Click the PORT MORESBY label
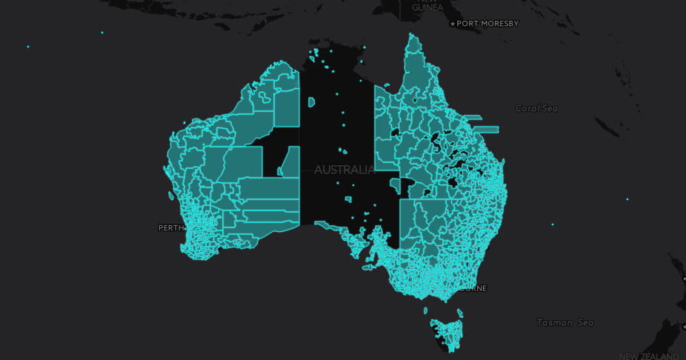487,24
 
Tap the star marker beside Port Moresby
453,24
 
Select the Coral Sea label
536,108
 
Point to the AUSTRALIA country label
344,170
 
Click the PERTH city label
171,227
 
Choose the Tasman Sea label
565,322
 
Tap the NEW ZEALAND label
648,356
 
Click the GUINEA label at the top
427,7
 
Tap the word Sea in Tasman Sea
585,322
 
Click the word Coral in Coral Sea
528,108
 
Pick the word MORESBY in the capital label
501,24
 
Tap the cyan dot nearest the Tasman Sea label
552,224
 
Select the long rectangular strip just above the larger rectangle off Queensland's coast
473,117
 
